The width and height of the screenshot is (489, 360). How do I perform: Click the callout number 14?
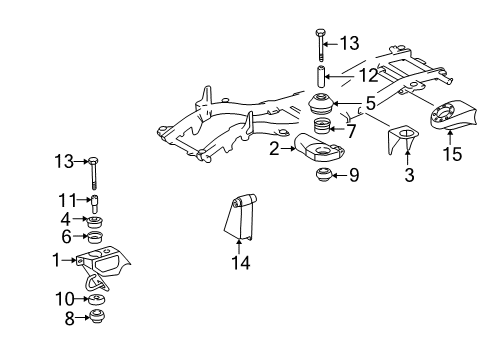241,262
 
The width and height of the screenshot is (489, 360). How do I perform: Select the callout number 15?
452,154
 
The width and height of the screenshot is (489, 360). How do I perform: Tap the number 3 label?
409,175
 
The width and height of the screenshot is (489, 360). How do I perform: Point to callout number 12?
369,75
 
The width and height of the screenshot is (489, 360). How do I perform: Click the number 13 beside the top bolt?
349,43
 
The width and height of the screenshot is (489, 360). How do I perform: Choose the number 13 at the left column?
64,161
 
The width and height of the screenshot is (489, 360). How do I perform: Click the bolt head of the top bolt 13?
320,33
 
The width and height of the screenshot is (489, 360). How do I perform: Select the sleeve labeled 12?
320,77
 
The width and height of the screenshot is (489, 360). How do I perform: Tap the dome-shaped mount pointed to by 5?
320,105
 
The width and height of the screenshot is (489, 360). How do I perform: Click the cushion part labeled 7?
322,127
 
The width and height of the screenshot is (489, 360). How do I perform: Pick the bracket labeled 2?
319,148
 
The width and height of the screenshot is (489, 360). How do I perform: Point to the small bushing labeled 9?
324,175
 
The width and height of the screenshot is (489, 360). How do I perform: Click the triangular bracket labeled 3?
403,139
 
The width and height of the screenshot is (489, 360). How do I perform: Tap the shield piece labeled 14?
240,216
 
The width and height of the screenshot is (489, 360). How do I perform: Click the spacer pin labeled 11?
95,204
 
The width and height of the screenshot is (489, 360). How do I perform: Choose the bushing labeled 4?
95,221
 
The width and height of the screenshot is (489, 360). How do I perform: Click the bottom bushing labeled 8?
98,316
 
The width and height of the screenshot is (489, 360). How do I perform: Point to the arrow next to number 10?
82,299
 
